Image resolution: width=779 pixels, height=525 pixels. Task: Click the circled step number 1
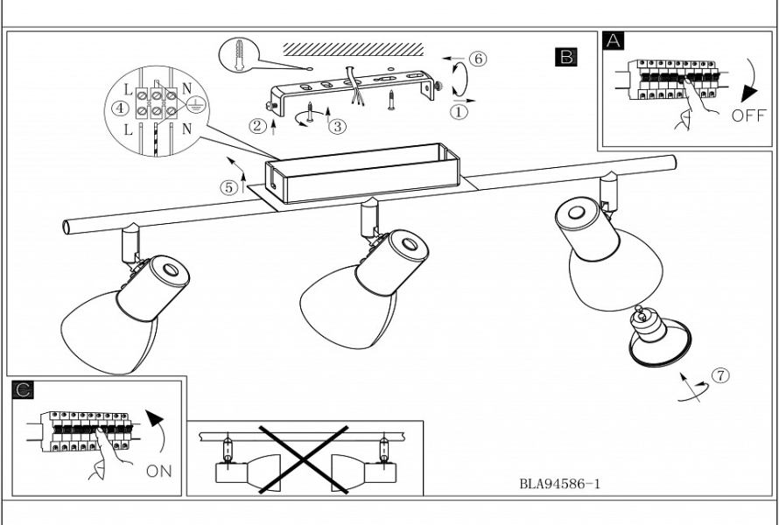tap(461, 111)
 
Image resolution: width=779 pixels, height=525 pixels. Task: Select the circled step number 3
tap(337, 126)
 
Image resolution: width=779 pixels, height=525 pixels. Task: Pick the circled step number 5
tap(228, 186)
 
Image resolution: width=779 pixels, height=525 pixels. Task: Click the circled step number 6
tap(477, 59)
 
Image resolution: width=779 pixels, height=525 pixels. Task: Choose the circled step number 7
tap(719, 375)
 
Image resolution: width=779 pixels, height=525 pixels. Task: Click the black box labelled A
tap(614, 40)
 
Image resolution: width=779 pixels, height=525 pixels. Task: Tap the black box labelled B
tap(566, 57)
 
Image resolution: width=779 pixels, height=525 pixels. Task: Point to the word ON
tap(159, 471)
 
